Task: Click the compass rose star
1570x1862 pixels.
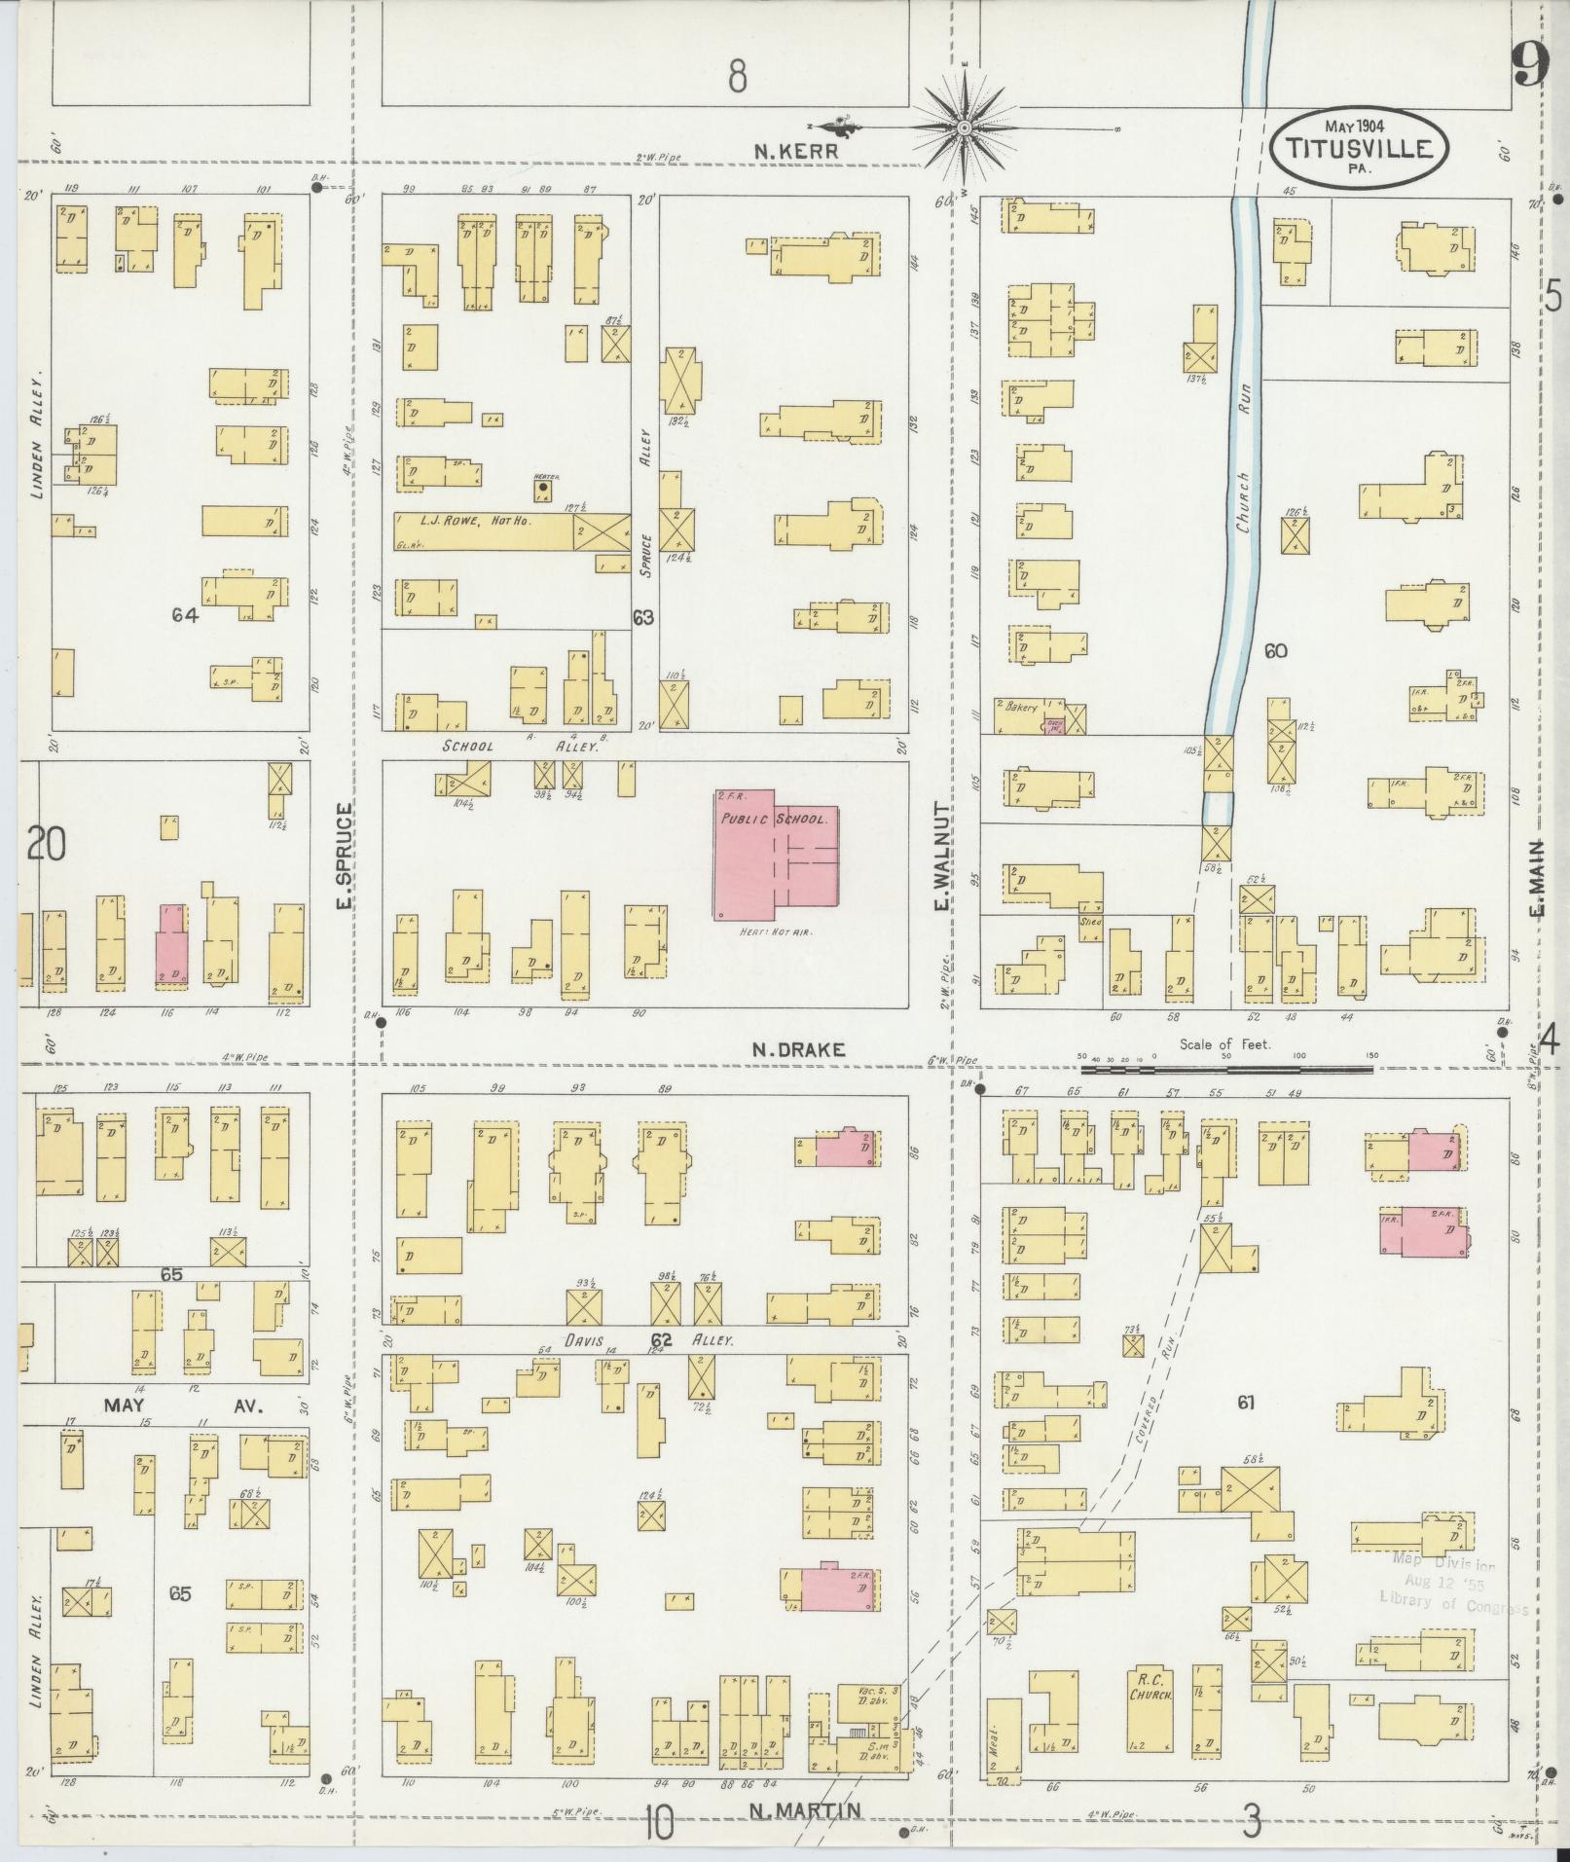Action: click(965, 128)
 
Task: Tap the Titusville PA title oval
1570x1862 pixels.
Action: click(1359, 147)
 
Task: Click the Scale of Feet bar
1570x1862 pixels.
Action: click(1226, 1069)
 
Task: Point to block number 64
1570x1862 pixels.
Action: click(184, 615)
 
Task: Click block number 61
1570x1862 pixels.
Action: click(1245, 1403)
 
